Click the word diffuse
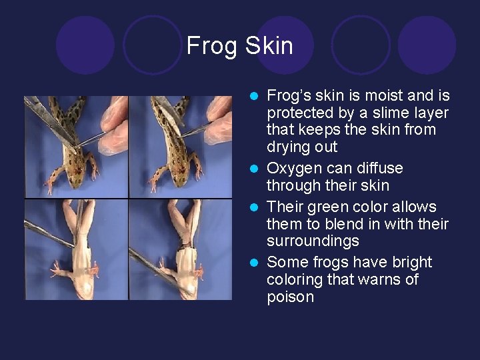[379, 169]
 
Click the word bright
[408, 262]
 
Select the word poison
[290, 297]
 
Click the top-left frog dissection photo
[76, 147]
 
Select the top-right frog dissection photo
[180, 147]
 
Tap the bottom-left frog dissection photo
[76, 250]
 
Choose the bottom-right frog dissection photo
[180, 250]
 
